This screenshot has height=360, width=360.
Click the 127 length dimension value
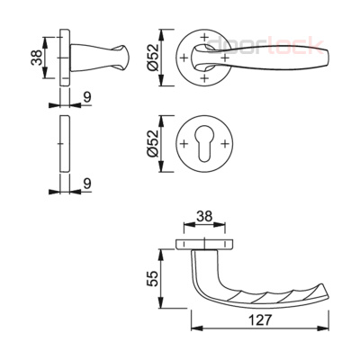coord(260,319)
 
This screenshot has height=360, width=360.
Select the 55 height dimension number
coord(153,279)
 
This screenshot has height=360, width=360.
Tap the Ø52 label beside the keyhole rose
coord(153,144)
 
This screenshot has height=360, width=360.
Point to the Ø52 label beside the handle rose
coord(153,58)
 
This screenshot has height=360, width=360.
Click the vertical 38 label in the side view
coord(37,58)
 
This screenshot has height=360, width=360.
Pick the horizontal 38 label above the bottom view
coord(204,216)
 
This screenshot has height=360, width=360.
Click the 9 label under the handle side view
coord(87,97)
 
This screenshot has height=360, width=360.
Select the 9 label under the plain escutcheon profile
coord(87,184)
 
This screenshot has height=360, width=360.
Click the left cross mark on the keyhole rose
coord(184,144)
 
